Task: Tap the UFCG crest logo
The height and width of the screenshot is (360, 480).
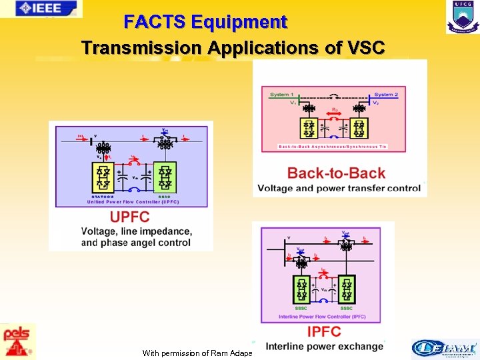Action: pyautogui.click(x=462, y=17)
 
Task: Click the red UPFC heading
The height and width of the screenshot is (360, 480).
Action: pyautogui.click(x=129, y=217)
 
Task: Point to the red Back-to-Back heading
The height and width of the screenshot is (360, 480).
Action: pyautogui.click(x=336, y=173)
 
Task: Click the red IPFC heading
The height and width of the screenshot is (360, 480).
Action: pyautogui.click(x=323, y=331)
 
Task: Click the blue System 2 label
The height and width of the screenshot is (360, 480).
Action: pyautogui.click(x=386, y=95)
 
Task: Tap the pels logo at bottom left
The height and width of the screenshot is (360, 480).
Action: pyautogui.click(x=17, y=341)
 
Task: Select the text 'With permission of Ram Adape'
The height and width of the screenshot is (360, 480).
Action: pyautogui.click(x=197, y=353)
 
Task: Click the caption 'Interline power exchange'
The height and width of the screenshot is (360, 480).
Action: pyautogui.click(x=325, y=347)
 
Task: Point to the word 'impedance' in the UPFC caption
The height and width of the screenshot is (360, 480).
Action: pyautogui.click(x=168, y=231)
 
